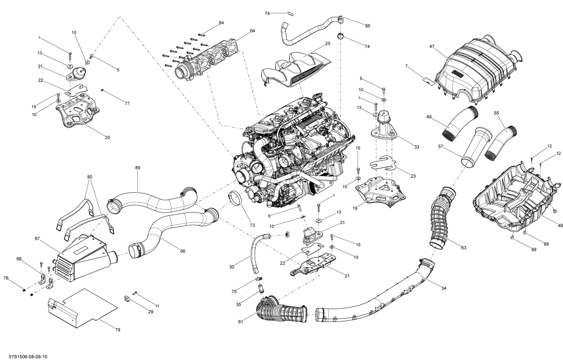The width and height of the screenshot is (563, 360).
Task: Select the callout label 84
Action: pos(221,23)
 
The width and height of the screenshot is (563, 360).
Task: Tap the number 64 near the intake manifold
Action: pos(252,31)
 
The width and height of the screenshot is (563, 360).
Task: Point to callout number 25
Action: pos(328,43)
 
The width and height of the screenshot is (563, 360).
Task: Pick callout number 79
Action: pos(118,330)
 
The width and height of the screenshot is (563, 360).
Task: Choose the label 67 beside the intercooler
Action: pos(37,239)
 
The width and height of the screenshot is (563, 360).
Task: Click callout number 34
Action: pos(443,288)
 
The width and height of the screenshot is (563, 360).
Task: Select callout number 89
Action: pos(137,167)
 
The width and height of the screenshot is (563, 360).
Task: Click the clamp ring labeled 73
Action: pos(237,198)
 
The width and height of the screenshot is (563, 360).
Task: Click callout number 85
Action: pos(368,26)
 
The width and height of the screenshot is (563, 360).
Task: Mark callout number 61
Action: pos(241,322)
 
